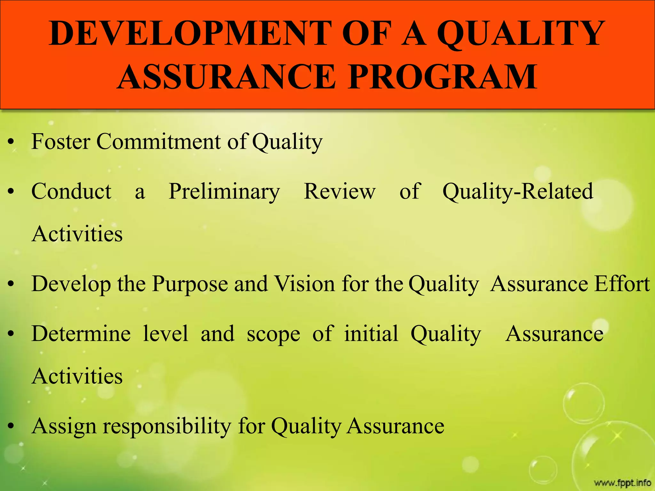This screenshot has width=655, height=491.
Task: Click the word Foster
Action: click(61, 141)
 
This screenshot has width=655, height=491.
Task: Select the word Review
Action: click(339, 191)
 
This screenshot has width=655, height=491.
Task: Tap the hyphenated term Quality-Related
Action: click(518, 191)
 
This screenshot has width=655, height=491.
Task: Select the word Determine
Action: click(81, 334)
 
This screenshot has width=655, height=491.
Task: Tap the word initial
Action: click(371, 333)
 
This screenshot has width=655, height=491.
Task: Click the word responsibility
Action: click(167, 426)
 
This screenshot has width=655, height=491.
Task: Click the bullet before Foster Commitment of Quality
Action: click(11, 142)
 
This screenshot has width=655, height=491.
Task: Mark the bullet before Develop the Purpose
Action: click(11, 284)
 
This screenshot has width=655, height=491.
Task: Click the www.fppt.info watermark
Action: click(622, 482)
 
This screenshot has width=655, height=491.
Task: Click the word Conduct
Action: click(71, 191)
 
